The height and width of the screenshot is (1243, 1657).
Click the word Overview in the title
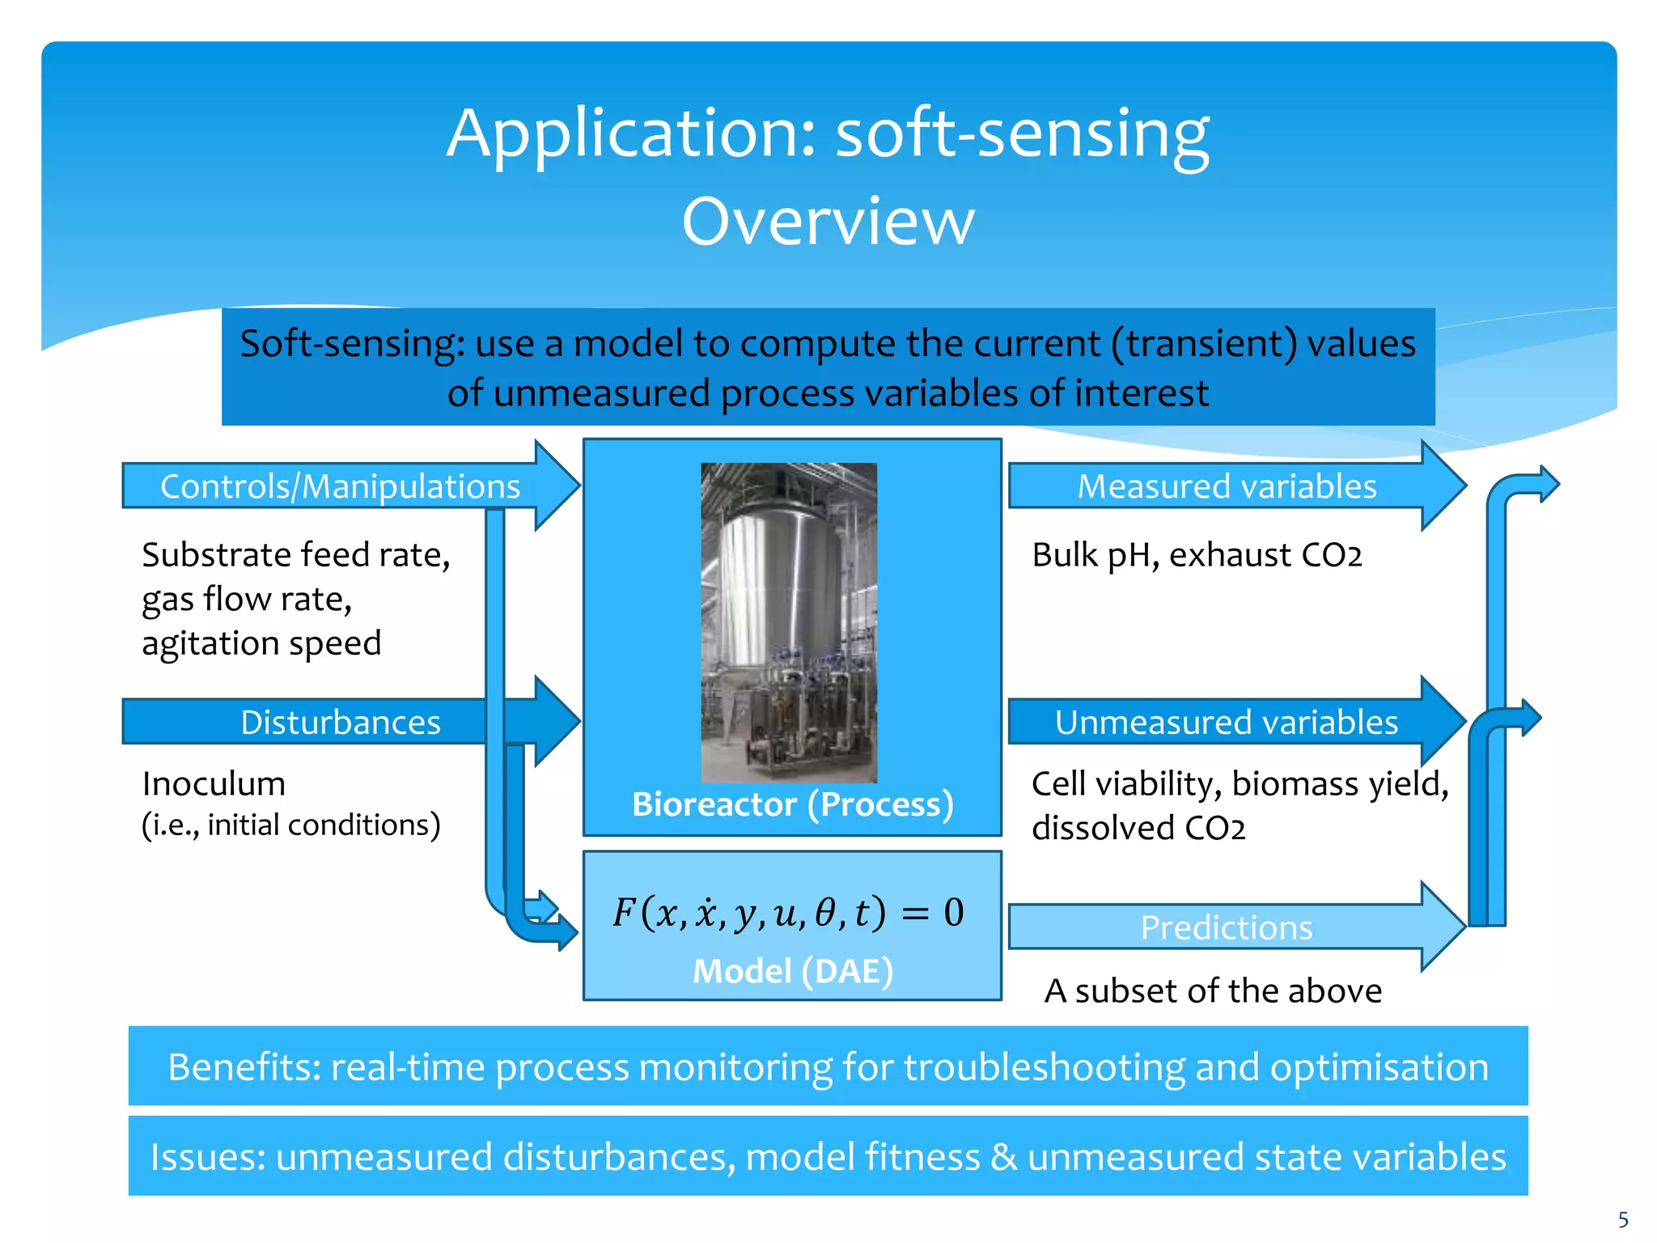(828, 221)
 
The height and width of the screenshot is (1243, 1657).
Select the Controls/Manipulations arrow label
(340, 486)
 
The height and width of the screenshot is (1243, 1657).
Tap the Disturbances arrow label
(340, 722)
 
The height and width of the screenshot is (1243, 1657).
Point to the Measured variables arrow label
(1227, 486)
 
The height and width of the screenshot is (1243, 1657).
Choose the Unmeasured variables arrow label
(1226, 722)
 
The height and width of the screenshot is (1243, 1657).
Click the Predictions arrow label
(1226, 927)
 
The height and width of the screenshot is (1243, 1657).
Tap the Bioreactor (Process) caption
(792, 804)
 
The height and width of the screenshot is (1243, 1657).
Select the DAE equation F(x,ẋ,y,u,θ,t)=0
(788, 913)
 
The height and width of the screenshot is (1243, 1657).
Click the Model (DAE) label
(792, 971)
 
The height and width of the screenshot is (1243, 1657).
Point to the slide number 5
(1623, 1220)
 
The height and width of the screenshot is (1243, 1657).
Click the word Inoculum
(214, 783)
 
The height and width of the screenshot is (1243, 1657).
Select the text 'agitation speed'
(261, 643)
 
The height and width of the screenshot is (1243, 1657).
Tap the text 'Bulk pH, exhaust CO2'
(1197, 555)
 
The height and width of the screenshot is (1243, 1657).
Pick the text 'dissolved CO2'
(1138, 828)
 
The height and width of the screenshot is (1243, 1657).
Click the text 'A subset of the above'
(1213, 991)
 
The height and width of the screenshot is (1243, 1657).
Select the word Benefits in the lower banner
(244, 1067)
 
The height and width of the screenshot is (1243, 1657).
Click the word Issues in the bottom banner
(207, 1156)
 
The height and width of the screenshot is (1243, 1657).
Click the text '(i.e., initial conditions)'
(291, 825)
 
